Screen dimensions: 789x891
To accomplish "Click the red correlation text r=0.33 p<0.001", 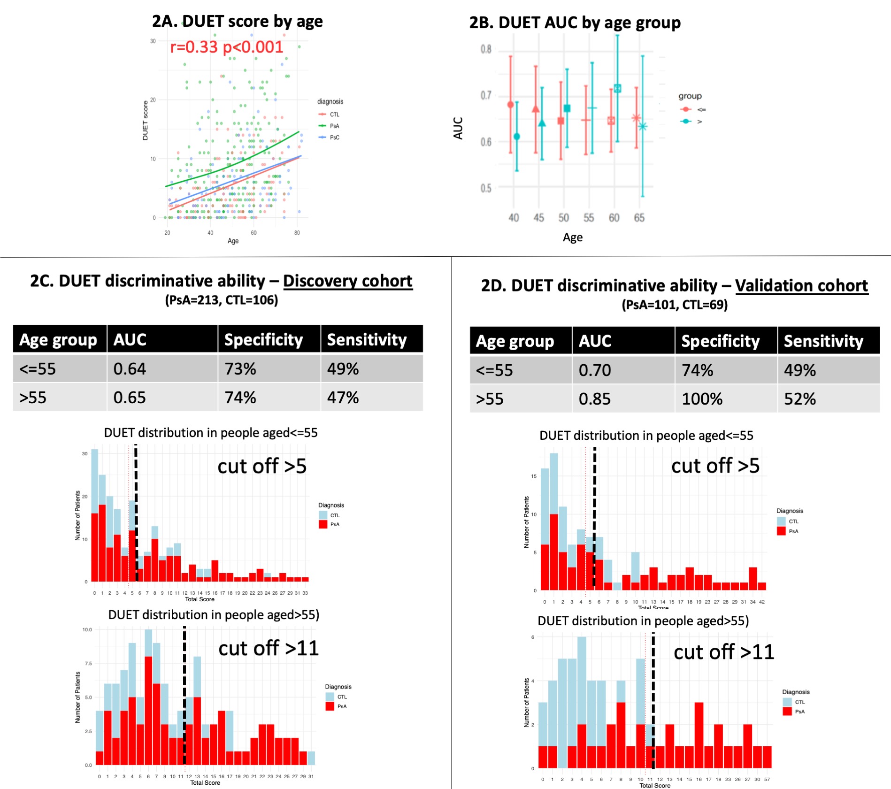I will click(226, 47).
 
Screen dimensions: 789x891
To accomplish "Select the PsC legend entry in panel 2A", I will click(334, 138).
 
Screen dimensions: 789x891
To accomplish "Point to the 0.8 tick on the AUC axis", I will click(486, 49).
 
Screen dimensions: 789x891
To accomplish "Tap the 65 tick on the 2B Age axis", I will click(639, 218).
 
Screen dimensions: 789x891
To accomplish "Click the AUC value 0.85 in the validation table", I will click(594, 399).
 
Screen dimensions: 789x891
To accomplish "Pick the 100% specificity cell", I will click(702, 399).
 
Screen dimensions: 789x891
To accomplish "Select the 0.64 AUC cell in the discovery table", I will click(130, 369).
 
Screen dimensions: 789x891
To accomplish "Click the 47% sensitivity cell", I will click(343, 398).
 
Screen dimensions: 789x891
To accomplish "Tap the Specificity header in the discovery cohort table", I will click(263, 339).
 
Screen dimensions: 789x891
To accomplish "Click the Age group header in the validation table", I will click(515, 341).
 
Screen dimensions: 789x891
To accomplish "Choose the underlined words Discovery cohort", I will click(347, 281).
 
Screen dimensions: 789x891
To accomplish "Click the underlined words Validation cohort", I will click(801, 285).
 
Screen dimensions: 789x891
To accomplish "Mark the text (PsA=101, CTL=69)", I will click(675, 305).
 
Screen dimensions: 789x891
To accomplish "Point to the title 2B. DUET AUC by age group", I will click(575, 23).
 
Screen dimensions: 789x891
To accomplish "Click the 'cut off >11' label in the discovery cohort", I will click(269, 648).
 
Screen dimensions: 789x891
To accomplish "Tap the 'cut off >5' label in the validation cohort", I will click(715, 466).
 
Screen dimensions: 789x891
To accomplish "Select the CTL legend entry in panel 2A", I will click(334, 115).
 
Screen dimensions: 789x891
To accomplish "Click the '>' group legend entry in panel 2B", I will click(699, 122).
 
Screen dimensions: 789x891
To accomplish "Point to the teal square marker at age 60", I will click(617, 88).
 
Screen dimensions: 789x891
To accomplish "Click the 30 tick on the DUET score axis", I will click(153, 41).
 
